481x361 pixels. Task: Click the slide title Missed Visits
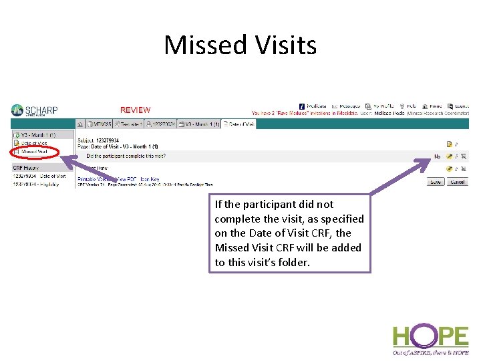[240, 45]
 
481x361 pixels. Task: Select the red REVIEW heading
[135, 110]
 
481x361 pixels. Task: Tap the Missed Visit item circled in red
[34, 152]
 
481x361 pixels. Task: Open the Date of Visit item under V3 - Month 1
[33, 143]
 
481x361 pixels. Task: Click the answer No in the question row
[438, 156]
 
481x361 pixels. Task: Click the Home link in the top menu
[434, 106]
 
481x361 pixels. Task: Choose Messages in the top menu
[348, 106]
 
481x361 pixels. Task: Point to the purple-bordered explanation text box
[289, 233]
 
